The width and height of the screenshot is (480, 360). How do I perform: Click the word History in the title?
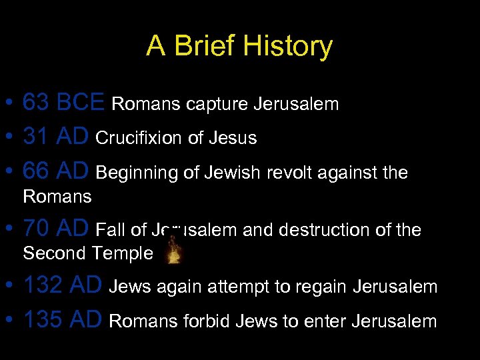pyautogui.click(x=287, y=47)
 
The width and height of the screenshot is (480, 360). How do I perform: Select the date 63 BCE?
pyautogui.click(x=63, y=103)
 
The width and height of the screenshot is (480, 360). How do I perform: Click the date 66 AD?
pyautogui.click(x=56, y=172)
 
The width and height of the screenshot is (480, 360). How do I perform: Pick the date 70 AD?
pyautogui.click(x=56, y=229)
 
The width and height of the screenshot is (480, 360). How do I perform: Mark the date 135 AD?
pyautogui.click(x=63, y=321)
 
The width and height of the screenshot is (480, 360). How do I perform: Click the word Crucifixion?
pyautogui.click(x=139, y=138)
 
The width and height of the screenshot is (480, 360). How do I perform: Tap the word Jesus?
pyautogui.click(x=232, y=138)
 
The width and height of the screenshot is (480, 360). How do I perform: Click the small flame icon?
pyautogui.click(x=175, y=253)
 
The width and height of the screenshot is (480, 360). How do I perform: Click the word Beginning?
pyautogui.click(x=137, y=173)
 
